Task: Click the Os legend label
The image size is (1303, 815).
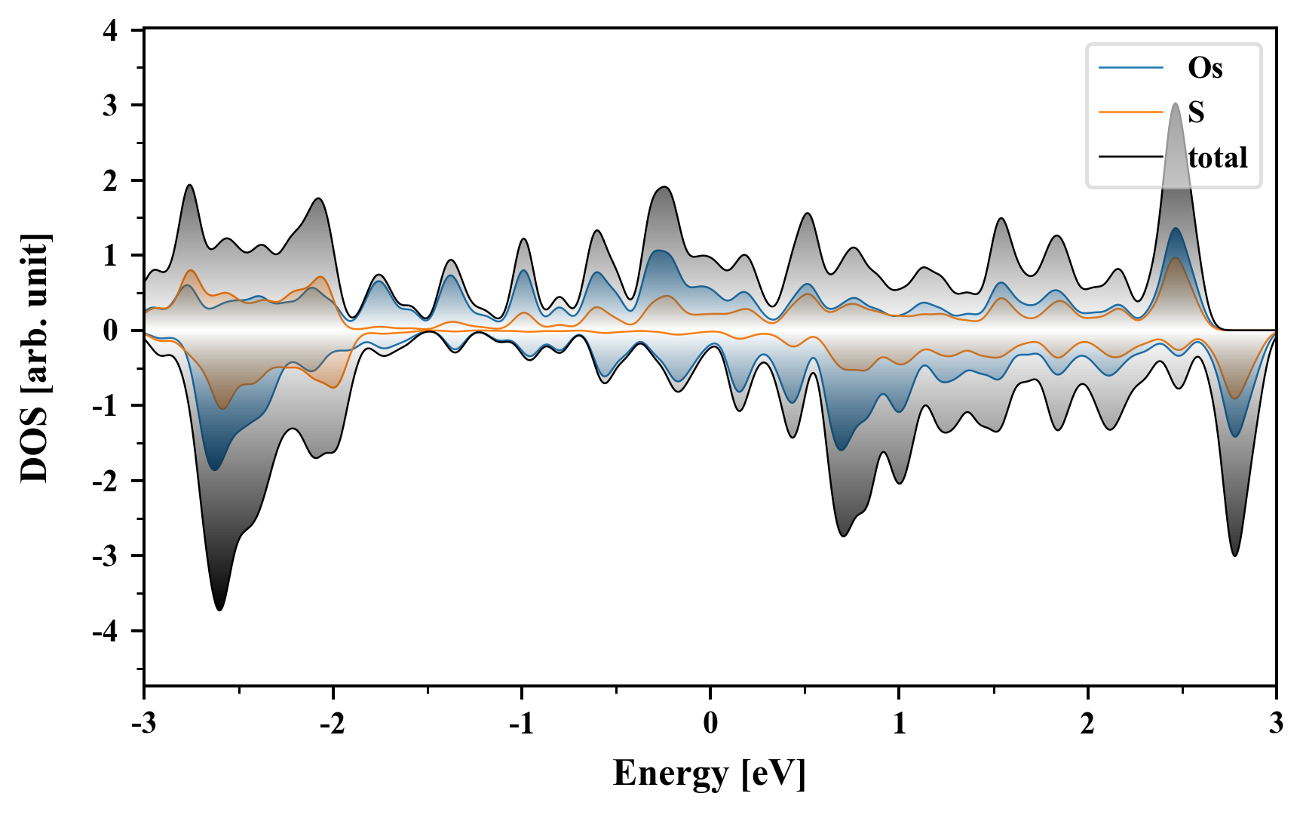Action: tap(1205, 68)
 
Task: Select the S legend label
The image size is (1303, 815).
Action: tap(1196, 112)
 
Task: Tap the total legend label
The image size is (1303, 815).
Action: tap(1218, 158)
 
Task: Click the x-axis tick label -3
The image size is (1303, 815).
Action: tap(143, 723)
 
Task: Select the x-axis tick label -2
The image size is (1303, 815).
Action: tap(332, 723)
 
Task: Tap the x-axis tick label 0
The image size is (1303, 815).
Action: tap(710, 723)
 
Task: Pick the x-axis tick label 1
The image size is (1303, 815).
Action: tap(899, 723)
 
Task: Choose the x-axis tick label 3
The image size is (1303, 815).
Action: tap(1276, 723)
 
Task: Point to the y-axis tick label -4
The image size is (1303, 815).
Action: tap(106, 631)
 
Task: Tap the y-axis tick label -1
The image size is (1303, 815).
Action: tap(106, 405)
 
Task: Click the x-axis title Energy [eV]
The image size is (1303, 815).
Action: tap(710, 773)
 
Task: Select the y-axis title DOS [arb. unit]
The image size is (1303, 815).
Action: tap(35, 358)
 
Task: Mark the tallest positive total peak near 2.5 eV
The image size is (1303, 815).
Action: tap(1176, 103)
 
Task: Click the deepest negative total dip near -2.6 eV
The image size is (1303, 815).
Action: tap(219, 609)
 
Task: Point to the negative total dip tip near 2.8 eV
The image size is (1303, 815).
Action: tap(1234, 555)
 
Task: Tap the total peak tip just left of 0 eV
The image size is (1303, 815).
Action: tap(664, 186)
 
